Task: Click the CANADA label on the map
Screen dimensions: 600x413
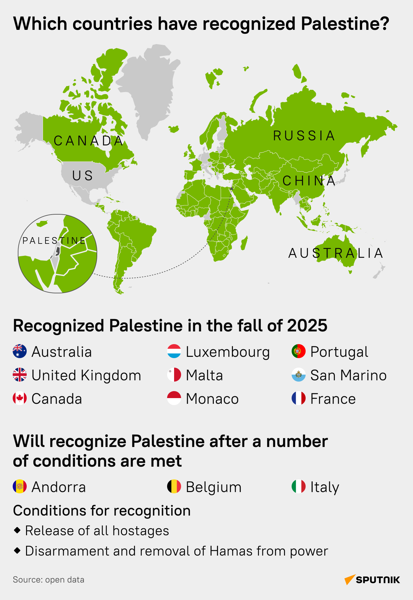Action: tap(89, 141)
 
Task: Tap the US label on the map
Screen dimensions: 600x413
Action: tap(83, 176)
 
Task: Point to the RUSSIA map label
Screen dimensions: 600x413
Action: tap(304, 136)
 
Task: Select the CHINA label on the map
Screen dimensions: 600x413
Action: tap(309, 181)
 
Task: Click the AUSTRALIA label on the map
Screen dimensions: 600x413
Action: tap(336, 253)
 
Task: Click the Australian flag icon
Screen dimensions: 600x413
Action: tap(20, 351)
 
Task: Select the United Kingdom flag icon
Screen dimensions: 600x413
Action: tap(20, 375)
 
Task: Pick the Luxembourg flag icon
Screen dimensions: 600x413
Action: tap(174, 351)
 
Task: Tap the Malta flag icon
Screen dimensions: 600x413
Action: tap(174, 375)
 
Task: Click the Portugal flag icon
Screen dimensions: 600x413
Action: tap(299, 351)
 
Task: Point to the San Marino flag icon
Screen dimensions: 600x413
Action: tap(299, 375)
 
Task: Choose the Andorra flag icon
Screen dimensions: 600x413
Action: tap(20, 486)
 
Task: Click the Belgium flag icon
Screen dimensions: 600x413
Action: tap(174, 486)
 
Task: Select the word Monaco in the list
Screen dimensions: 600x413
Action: tap(212, 399)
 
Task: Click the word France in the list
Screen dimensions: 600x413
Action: tap(333, 399)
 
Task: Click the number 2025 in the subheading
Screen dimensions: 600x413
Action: tap(307, 326)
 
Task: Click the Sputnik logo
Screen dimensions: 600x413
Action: tap(372, 580)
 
